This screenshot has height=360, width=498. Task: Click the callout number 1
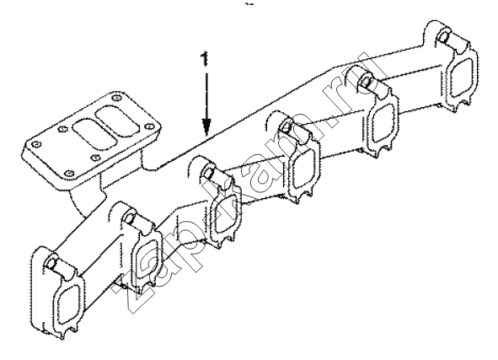click(205, 59)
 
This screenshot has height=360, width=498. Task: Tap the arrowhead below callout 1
click(206, 126)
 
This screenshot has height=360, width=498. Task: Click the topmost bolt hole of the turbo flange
click(117, 98)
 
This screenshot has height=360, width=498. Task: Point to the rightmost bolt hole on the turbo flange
click(148, 126)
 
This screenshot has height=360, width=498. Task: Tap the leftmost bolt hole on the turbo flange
click(37, 144)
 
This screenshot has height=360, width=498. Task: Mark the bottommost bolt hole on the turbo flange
click(70, 174)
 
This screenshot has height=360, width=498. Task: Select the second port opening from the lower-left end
click(147, 259)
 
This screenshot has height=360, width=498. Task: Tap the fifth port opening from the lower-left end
click(383, 123)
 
